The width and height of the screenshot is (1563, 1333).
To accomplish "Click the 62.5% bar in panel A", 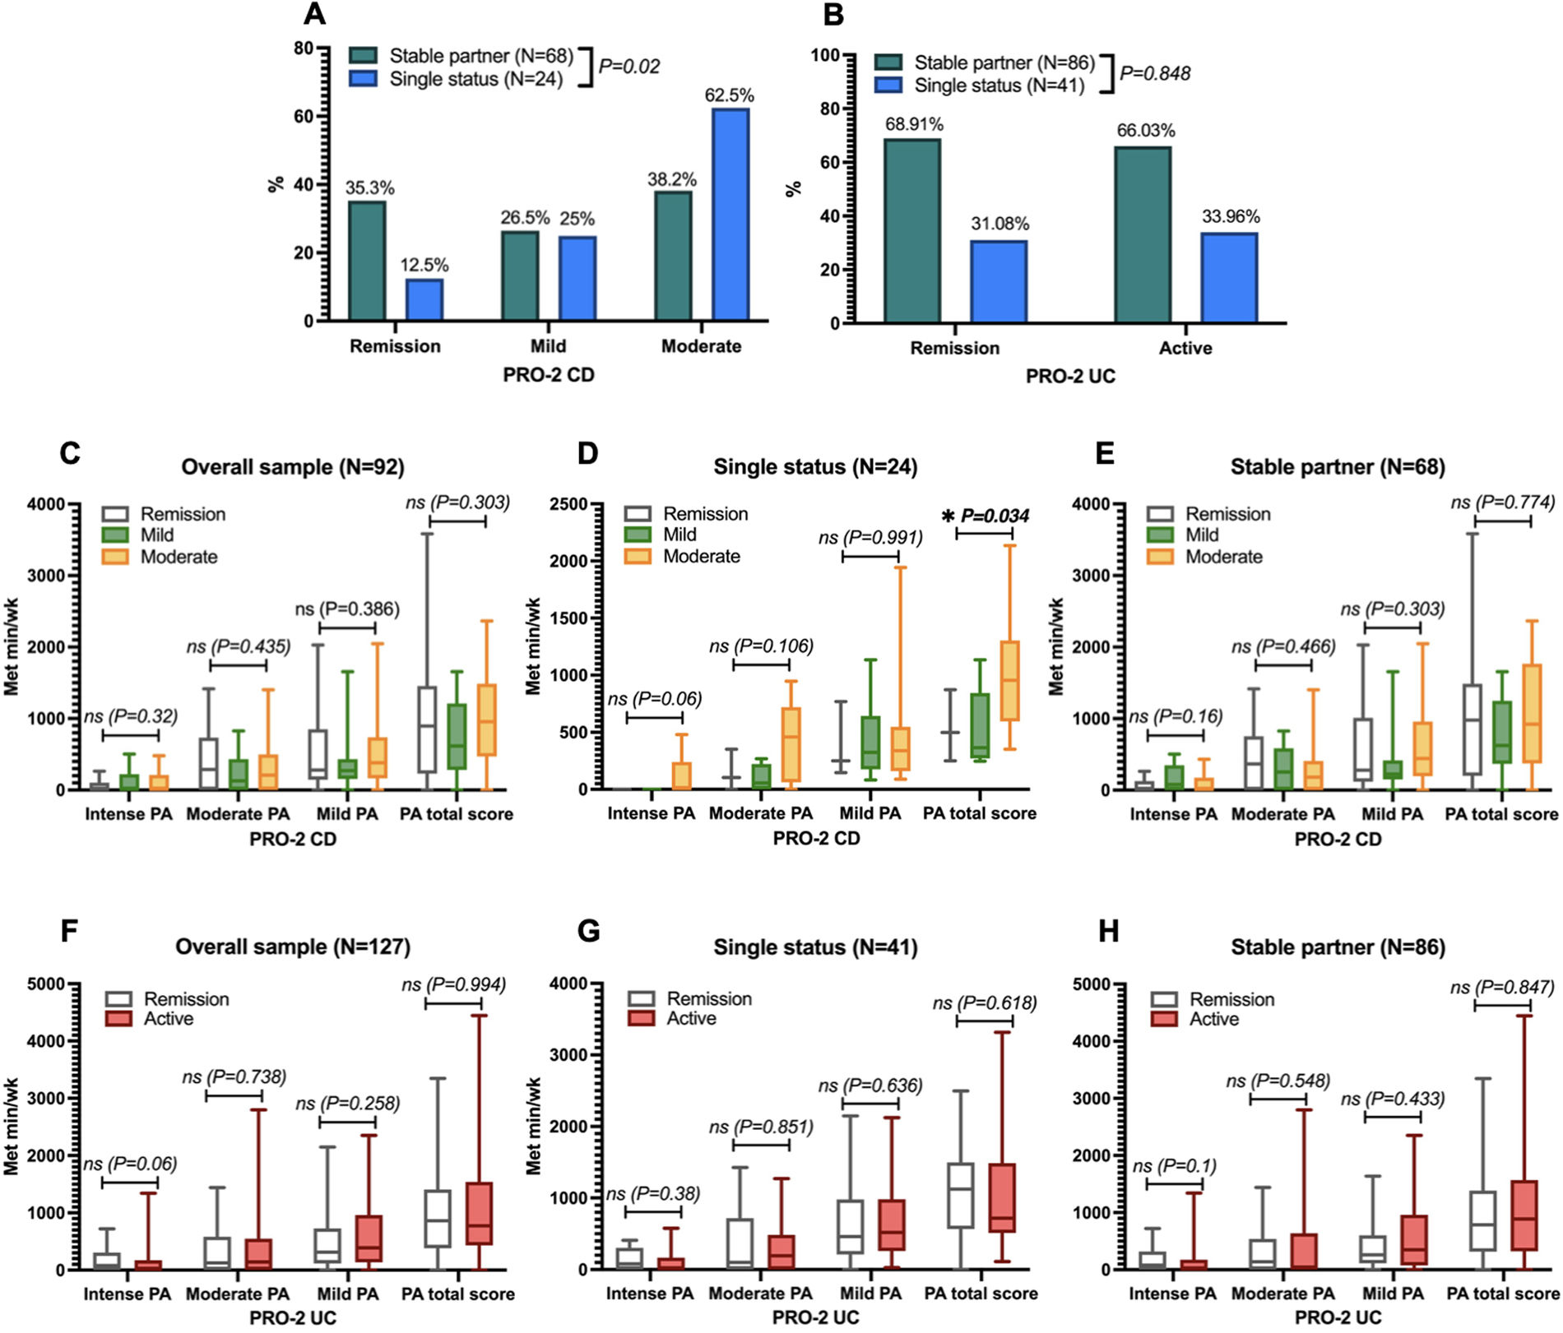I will click(x=730, y=214).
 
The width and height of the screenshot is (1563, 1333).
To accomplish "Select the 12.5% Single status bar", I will click(x=424, y=299).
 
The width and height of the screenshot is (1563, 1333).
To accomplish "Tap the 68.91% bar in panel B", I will click(x=912, y=230).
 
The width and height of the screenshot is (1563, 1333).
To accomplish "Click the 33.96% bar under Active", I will click(x=1228, y=277).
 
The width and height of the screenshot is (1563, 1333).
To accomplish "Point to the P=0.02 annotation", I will click(x=628, y=67).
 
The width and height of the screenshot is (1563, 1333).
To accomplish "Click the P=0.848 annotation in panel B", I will click(x=1154, y=74).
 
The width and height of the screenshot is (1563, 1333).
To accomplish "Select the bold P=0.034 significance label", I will click(x=995, y=516).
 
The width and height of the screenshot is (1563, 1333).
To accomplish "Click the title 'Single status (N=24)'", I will click(x=814, y=467).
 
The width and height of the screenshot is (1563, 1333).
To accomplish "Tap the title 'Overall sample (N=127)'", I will click(x=292, y=947).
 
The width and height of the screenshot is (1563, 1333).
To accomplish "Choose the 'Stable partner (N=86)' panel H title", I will click(x=1338, y=947).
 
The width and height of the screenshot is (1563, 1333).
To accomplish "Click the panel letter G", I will click(x=589, y=932).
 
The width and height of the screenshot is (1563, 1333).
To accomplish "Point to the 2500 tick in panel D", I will click(x=569, y=503).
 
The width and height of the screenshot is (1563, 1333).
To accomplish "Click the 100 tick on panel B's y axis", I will click(x=825, y=55).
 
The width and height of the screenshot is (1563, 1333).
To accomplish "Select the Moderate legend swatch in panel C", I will click(x=115, y=557).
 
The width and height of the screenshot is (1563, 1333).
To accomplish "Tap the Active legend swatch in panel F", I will click(x=118, y=1019).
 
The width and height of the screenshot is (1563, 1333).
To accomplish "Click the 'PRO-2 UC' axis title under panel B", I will click(x=1069, y=377).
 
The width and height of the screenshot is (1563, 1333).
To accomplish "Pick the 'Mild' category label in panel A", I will click(x=548, y=346).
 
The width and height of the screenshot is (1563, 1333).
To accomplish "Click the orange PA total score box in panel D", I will click(x=1009, y=681).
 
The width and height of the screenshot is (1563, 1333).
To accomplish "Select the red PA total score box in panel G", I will click(x=1003, y=1197).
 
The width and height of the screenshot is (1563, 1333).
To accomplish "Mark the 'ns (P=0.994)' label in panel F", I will click(x=453, y=984).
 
